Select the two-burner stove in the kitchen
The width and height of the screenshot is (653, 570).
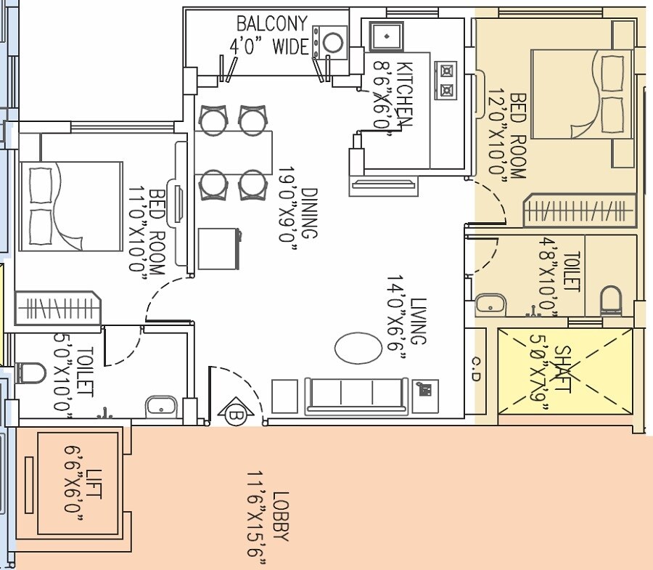[x=445, y=81]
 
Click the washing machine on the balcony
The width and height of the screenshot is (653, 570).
[x=332, y=43]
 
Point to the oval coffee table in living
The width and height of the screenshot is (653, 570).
[x=356, y=347]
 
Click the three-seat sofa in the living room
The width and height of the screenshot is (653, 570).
[x=356, y=395]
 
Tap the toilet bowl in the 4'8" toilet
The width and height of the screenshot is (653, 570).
[x=612, y=300]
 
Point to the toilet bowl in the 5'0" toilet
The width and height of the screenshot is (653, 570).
[x=30, y=372]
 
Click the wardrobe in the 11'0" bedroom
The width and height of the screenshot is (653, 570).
[x=57, y=308]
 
